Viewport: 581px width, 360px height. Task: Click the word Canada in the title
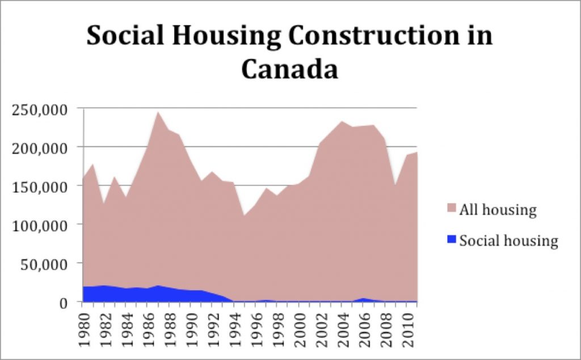click(x=289, y=69)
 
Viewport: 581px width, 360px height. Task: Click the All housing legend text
click(x=498, y=210)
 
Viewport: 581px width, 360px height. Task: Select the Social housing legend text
click(x=508, y=240)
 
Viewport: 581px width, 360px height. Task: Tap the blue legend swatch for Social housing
click(x=452, y=240)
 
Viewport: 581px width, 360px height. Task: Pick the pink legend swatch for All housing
click(x=452, y=209)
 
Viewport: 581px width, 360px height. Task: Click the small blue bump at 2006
click(x=363, y=299)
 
